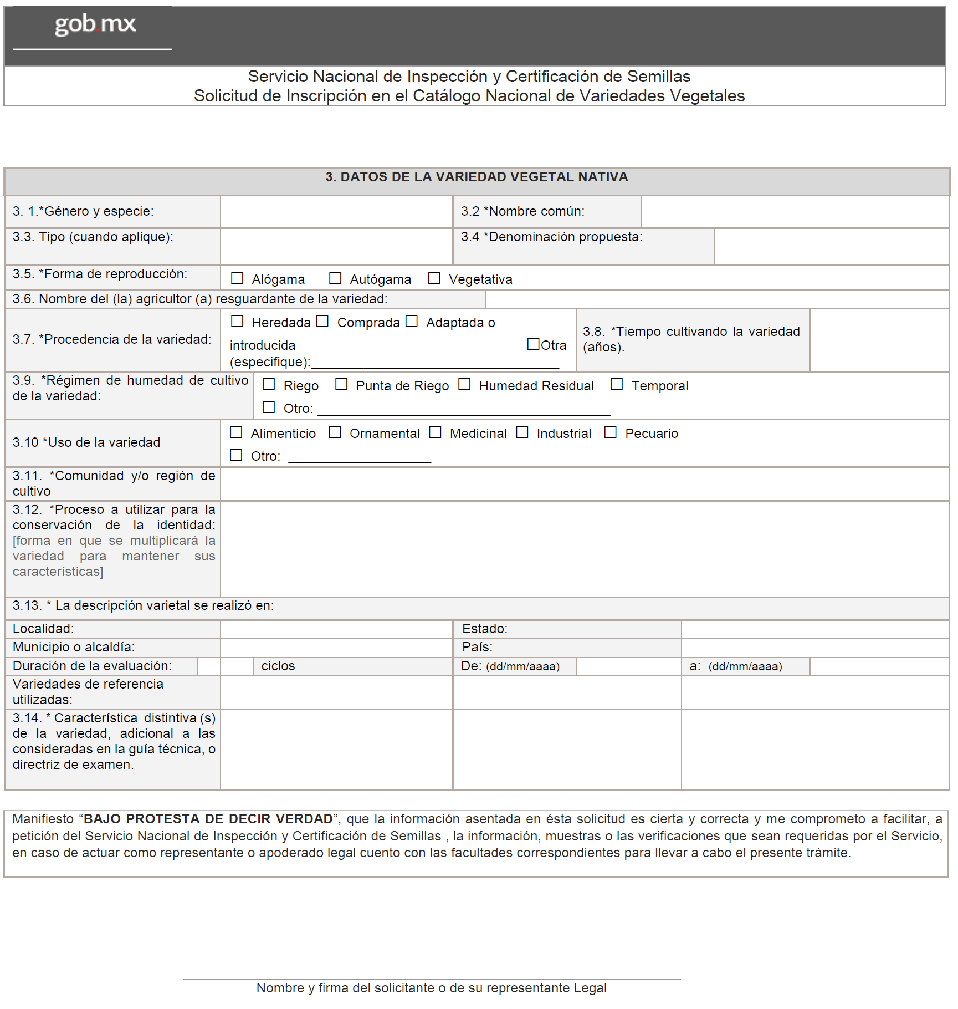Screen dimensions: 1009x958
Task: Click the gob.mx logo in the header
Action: coord(95,24)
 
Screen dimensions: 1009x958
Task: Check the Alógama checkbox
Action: coord(237,278)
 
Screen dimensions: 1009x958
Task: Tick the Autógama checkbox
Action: coord(335,278)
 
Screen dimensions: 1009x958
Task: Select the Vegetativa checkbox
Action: coord(434,278)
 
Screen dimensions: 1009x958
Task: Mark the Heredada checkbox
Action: coord(237,321)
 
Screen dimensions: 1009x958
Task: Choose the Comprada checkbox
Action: coord(322,321)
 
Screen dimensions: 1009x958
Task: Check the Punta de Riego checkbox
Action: coord(341,384)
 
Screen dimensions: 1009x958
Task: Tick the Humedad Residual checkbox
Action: coord(464,384)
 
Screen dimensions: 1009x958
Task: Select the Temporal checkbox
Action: coord(617,384)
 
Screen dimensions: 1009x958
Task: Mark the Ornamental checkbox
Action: coord(335,432)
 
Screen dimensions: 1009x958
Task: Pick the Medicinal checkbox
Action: coord(436,432)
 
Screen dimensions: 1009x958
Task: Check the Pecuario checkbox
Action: coord(610,432)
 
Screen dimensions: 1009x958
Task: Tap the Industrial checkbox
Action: coord(522,432)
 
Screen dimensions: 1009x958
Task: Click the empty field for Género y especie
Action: coord(336,212)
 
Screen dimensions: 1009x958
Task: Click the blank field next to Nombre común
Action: coord(795,212)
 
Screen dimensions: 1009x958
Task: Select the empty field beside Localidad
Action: coord(336,629)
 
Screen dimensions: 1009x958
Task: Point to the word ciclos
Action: coord(278,666)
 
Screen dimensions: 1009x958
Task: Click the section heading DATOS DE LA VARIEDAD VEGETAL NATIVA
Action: coord(477,177)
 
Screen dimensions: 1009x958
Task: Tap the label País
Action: coord(477,647)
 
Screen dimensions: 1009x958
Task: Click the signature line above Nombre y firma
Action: coord(432,979)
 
